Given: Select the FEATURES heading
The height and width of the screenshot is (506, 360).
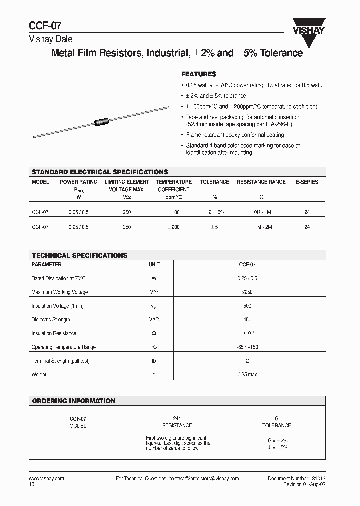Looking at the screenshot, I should click(198, 73).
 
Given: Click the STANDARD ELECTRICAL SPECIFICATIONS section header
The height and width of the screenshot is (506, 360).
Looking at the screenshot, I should click(100, 172).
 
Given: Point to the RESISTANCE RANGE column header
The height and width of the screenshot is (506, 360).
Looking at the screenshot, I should click(261, 182).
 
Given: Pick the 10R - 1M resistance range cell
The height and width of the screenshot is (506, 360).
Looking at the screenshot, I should click(261, 212).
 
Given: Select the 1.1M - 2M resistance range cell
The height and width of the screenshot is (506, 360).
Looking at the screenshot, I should click(261, 227).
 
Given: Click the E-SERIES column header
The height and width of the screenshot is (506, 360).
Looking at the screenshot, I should click(307, 182).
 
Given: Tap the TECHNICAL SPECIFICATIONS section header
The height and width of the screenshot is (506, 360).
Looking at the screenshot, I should click(80, 255).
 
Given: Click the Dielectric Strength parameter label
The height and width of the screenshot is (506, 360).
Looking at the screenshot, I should click(51, 319).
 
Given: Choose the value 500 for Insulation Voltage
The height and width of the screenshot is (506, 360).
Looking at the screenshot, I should click(247, 306).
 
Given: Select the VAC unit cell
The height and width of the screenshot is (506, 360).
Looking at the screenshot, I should click(154, 319).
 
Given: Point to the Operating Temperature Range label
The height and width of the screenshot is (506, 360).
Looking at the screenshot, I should click(63, 347).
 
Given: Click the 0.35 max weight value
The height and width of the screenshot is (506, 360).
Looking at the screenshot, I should click(247, 374).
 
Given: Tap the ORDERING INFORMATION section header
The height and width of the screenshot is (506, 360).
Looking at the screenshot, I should click(74, 401).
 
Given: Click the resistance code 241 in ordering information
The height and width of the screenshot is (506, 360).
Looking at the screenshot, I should click(177, 418).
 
